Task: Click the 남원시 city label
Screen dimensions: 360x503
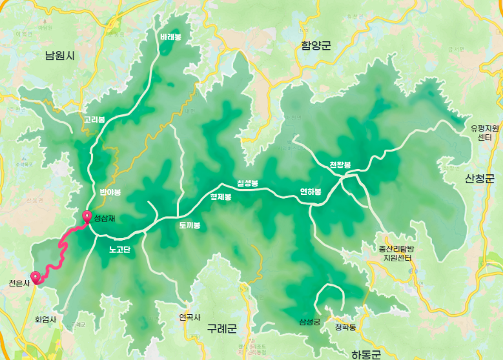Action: click(x=60, y=55)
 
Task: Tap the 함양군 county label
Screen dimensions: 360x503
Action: click(x=316, y=46)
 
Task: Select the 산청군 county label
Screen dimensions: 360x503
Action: click(x=479, y=178)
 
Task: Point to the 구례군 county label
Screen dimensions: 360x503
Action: click(x=222, y=329)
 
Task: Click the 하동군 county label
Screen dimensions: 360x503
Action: click(x=367, y=354)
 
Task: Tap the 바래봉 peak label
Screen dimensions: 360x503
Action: click(x=170, y=37)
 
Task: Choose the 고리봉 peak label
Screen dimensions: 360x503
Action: click(x=94, y=119)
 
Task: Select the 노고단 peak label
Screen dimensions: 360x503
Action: click(x=119, y=249)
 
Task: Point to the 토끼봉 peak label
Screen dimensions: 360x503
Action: click(x=190, y=226)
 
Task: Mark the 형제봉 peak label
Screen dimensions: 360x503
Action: click(x=220, y=197)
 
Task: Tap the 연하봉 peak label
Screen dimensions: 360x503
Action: click(x=310, y=192)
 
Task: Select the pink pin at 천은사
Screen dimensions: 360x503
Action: click(x=36, y=277)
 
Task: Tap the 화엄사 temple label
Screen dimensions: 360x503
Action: click(x=46, y=319)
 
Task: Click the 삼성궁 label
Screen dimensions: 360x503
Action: click(x=310, y=321)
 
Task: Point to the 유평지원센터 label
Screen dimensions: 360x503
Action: click(x=485, y=133)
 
